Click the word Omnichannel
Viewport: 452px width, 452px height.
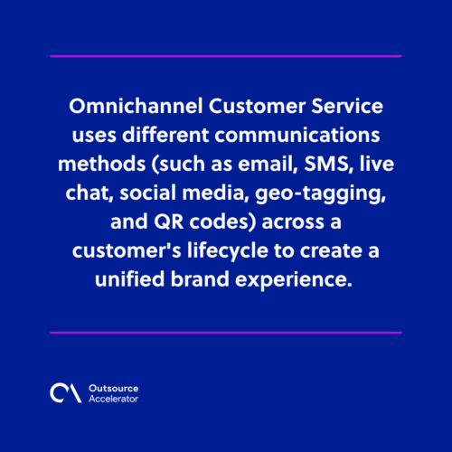(136, 106)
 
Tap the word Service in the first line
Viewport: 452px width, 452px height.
(347, 106)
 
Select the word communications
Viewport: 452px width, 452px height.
(297, 135)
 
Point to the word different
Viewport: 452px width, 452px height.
(165, 135)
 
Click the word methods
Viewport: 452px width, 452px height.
(102, 164)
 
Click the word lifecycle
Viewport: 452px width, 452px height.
(228, 251)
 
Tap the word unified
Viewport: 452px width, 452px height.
(130, 278)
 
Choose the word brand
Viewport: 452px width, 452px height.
(200, 278)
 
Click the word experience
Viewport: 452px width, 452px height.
(294, 280)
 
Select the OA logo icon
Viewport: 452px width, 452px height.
(66, 393)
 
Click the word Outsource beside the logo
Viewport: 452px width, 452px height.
(114, 389)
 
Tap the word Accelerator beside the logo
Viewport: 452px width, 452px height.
(113, 399)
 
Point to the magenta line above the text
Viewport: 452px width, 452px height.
(226, 56)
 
